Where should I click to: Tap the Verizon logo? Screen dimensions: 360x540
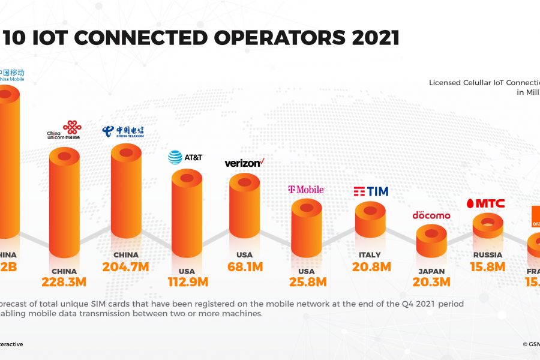[x=244, y=163]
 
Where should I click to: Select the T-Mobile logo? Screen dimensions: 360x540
[x=306, y=190]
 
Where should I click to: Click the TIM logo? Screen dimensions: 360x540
[x=370, y=191]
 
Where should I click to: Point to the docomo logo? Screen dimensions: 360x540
[x=431, y=215]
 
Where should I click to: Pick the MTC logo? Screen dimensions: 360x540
[x=485, y=203]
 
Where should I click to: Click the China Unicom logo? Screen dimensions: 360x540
[x=64, y=130]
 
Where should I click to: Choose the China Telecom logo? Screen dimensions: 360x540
[x=122, y=131]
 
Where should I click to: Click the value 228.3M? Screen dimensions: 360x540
[x=64, y=281]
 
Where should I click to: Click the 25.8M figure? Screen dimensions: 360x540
[x=306, y=281]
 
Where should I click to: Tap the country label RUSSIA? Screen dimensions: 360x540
[x=487, y=255]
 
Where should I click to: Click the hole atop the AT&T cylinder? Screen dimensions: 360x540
[x=187, y=178]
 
